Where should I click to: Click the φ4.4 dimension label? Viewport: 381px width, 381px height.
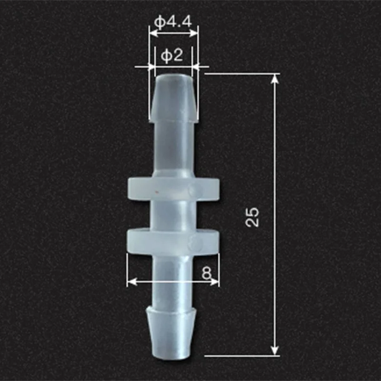tap(173, 22)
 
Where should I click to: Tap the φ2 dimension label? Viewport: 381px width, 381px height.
tap(172, 56)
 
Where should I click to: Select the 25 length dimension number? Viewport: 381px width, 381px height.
tap(252, 217)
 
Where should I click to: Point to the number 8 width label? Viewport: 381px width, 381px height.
tap(207, 273)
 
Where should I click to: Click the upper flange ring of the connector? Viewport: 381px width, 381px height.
tap(173, 189)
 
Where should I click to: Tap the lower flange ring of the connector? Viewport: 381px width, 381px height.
tap(173, 241)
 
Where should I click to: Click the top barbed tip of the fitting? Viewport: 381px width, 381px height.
tap(173, 98)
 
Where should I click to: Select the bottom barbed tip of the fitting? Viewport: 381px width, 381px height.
tap(171, 333)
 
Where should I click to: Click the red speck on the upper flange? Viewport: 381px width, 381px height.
tap(157, 192)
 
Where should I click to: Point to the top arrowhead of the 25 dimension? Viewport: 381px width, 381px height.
tap(275, 79)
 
